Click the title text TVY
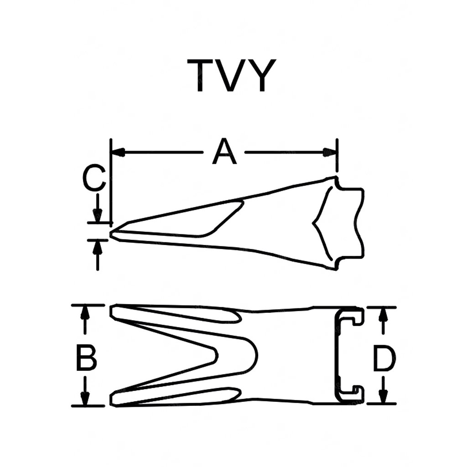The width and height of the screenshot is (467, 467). point(233,76)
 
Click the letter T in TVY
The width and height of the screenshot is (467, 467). point(202,76)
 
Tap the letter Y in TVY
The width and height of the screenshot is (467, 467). point(262,76)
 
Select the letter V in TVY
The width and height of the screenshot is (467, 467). point(233,76)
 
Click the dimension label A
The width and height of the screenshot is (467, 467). point(225,152)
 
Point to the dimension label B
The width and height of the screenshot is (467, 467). point(86,358)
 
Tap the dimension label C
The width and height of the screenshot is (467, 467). point(94,179)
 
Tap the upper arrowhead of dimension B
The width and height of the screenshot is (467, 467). point(84,312)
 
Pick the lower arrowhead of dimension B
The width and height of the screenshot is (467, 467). point(84,399)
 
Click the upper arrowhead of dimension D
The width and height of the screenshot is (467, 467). point(384,314)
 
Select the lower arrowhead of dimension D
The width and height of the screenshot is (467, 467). point(384,398)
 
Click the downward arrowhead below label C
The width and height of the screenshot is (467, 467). point(97,215)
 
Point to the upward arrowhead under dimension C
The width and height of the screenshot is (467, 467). point(97,246)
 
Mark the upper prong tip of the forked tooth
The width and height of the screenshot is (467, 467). point(114,312)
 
